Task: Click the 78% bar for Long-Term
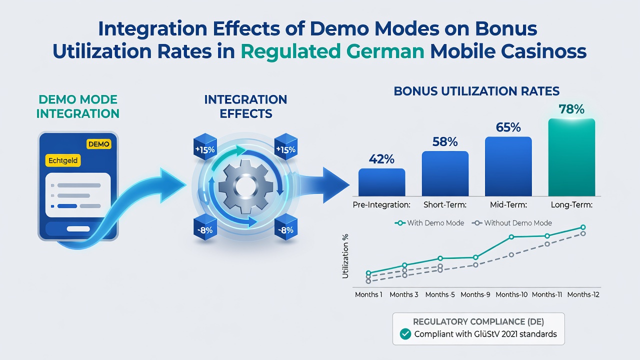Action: pos(571,157)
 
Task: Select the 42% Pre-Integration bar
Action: pos(381,182)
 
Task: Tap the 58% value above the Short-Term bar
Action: pos(445,141)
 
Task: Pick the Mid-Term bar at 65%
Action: pos(508,166)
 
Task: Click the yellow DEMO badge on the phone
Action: pos(99,144)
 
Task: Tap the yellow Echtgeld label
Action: pos(63,160)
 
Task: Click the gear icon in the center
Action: pos(245,186)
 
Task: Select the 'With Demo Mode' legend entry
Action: pos(429,223)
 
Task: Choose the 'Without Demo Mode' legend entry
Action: pos(511,223)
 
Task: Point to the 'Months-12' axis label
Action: pos(583,294)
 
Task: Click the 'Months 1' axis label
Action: pos(368,294)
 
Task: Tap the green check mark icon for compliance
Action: pos(405,334)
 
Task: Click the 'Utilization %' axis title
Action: pos(345,256)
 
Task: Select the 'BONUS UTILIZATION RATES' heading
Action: pos(476,91)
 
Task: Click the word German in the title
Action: pos(385,51)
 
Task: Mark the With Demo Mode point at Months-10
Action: pos(511,237)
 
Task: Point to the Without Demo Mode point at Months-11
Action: pos(547,244)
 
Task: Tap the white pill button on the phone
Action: pos(78,229)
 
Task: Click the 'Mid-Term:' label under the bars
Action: pos(508,205)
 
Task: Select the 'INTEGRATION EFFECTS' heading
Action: pos(245,106)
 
